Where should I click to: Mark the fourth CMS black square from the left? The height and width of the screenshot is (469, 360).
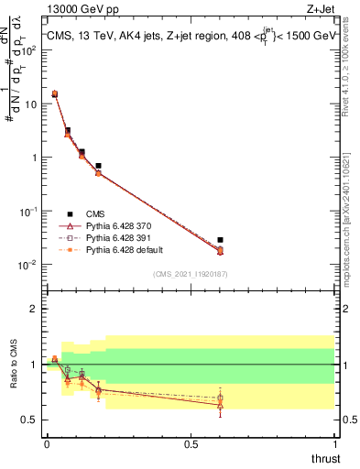(x=98, y=166)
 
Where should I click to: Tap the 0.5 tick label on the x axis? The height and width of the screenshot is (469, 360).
(x=191, y=444)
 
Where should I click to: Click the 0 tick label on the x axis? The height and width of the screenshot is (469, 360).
(x=47, y=444)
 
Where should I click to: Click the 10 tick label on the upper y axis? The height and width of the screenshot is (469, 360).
(x=31, y=104)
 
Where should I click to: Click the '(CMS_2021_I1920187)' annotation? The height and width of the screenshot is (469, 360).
(x=190, y=274)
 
